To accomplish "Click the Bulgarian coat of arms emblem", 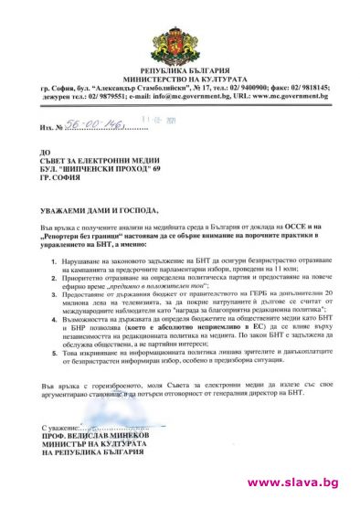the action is point(181,36).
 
